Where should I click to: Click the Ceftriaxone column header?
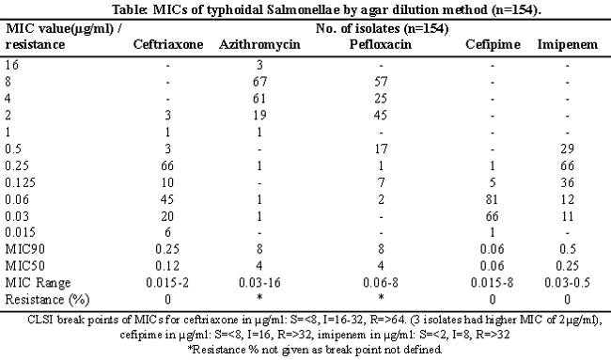(168, 44)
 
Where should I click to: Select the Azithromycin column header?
(259, 45)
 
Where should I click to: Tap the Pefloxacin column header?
(381, 44)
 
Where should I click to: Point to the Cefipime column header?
(493, 45)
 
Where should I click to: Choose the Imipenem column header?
(568, 45)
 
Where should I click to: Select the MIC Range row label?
(38, 283)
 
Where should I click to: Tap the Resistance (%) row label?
(47, 299)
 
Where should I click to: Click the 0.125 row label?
(20, 182)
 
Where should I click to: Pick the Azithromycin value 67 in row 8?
(259, 82)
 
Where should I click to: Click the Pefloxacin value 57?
(381, 82)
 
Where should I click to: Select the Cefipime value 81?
(493, 199)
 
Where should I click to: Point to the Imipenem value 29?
(568, 149)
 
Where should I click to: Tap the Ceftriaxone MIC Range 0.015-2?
(167, 283)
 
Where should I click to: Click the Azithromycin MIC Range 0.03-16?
(259, 283)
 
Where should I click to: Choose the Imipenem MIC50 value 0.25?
(568, 266)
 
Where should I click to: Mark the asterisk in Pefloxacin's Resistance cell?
(381, 297)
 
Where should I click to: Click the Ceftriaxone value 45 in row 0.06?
(167, 199)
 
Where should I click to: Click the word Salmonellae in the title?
(304, 9)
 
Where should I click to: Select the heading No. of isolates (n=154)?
(382, 28)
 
